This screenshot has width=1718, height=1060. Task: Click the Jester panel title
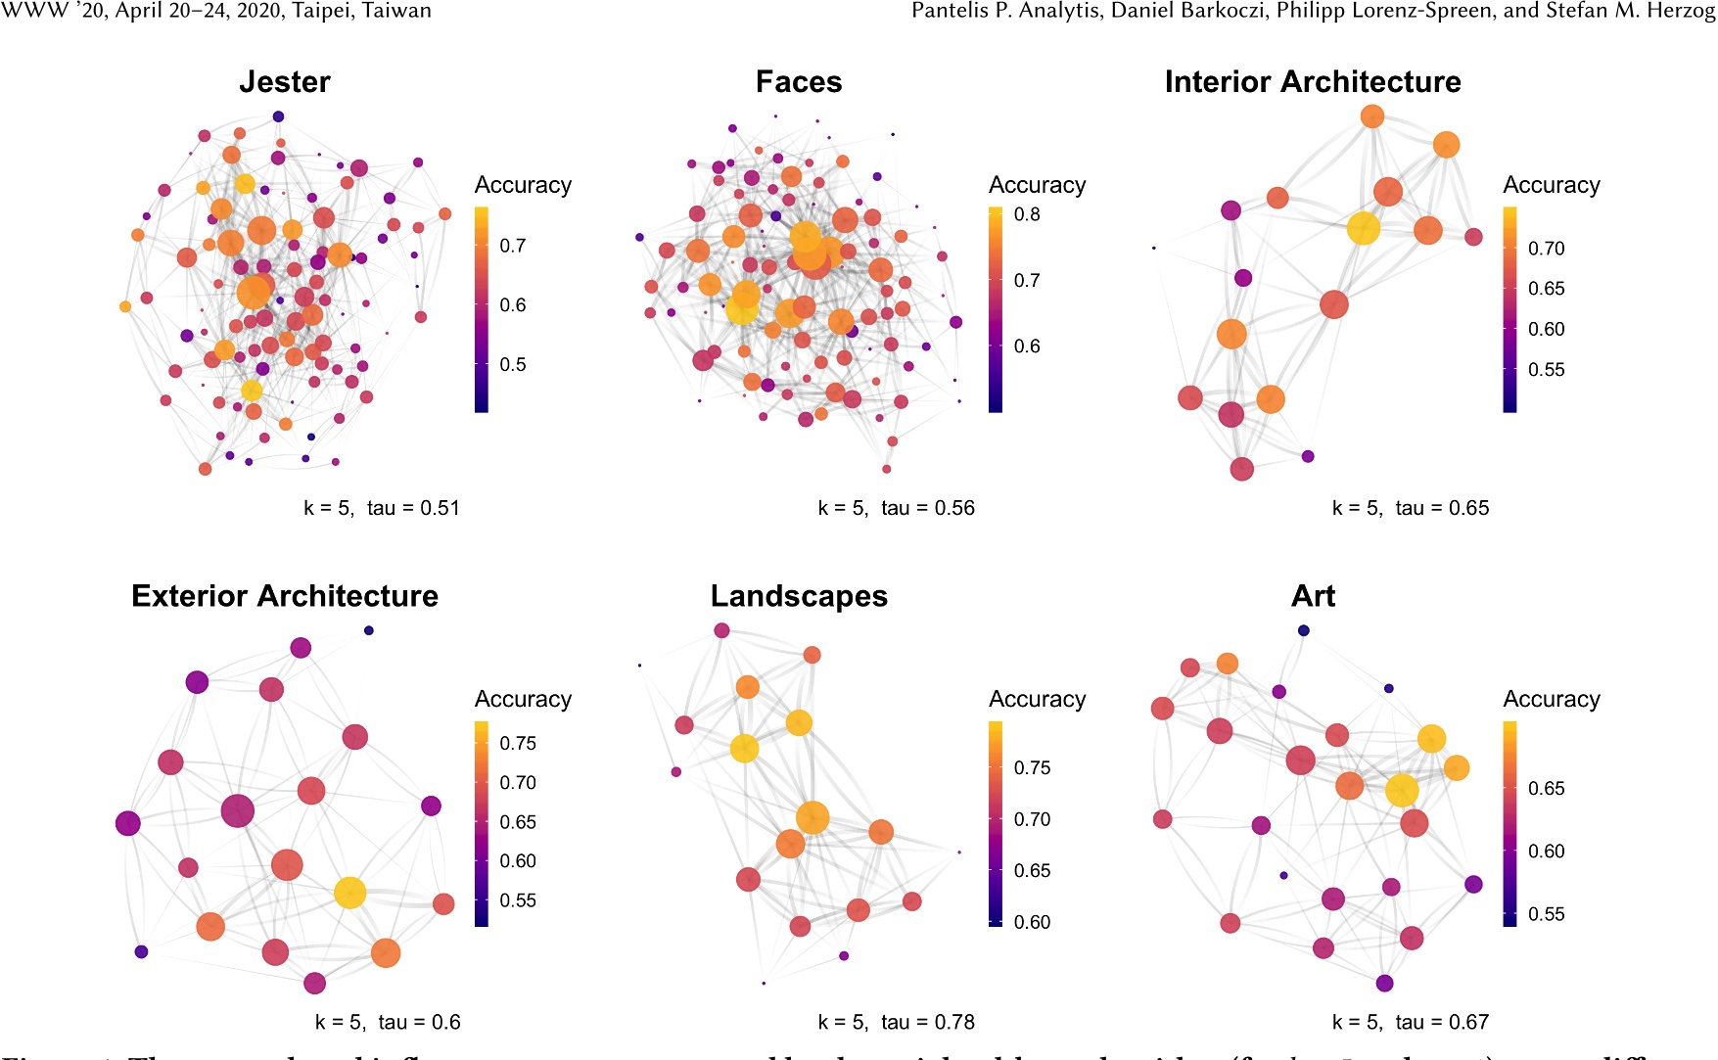[x=285, y=82]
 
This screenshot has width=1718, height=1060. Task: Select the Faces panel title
[x=799, y=82]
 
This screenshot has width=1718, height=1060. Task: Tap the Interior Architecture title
[x=1313, y=82]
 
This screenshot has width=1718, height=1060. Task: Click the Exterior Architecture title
[x=285, y=596]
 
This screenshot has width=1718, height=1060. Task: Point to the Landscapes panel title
[x=799, y=596]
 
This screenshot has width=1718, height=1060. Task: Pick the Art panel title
[x=1313, y=596]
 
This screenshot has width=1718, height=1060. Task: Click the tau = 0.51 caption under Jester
[x=412, y=508]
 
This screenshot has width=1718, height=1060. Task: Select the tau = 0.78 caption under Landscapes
[x=927, y=1022]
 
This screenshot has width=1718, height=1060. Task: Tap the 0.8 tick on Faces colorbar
[x=1027, y=214]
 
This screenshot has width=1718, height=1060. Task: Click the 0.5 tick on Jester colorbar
[x=513, y=364]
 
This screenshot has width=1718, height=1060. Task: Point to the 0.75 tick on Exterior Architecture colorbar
[x=518, y=743]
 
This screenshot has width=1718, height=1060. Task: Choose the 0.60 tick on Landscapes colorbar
[x=1032, y=922]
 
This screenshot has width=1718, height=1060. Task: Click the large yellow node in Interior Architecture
[x=1364, y=228]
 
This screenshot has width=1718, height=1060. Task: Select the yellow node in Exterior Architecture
[x=349, y=893]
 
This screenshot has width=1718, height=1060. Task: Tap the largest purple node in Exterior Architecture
[x=238, y=810]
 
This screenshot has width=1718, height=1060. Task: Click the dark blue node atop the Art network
[x=1303, y=630]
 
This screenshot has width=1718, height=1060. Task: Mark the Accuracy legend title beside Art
[x=1552, y=699]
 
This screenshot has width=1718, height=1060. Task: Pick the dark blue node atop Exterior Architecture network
[x=368, y=630]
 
